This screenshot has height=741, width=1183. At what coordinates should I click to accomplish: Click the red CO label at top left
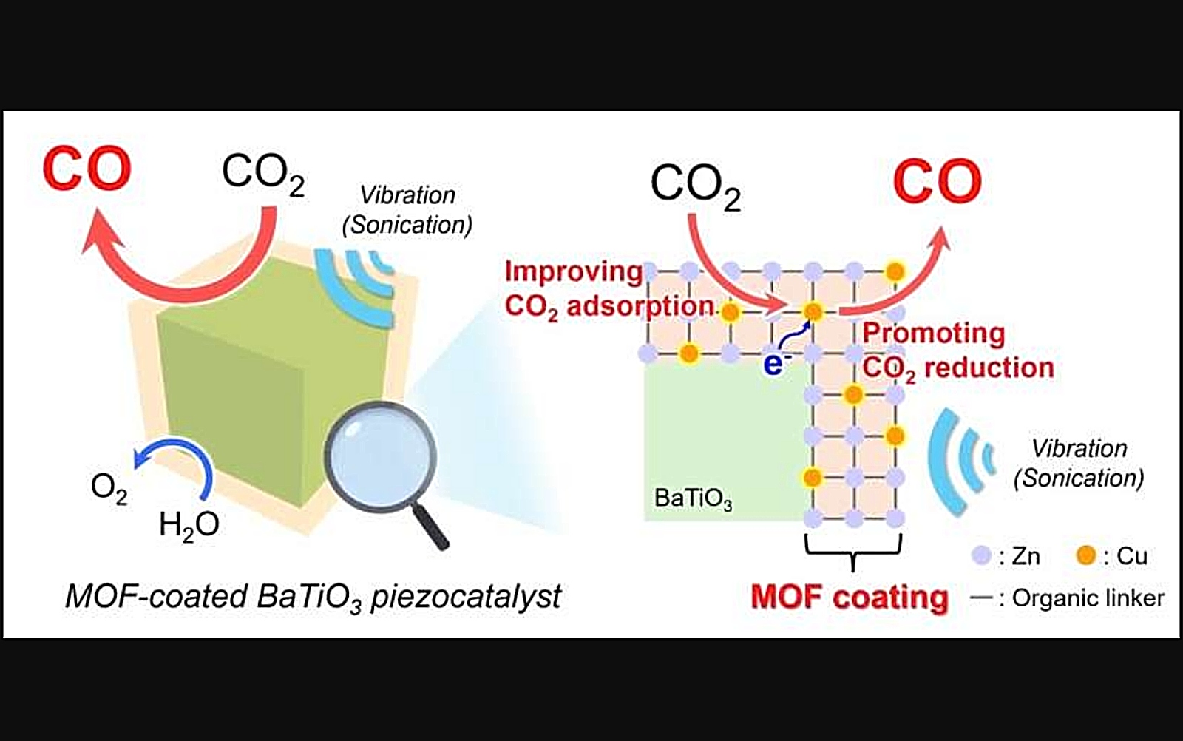(87, 169)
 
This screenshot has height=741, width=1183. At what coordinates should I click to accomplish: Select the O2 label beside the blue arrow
(109, 489)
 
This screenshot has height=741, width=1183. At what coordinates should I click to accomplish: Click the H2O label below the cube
(189, 526)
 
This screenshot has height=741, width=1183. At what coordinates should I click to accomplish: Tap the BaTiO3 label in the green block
(693, 498)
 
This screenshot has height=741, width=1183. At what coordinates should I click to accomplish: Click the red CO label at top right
(938, 181)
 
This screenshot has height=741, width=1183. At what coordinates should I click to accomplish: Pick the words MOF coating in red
(850, 598)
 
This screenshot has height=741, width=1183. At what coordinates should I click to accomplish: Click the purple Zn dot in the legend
(981, 555)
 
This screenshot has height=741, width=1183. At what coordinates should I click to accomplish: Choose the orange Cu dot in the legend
(1086, 555)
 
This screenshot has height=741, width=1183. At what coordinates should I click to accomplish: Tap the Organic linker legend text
(1088, 598)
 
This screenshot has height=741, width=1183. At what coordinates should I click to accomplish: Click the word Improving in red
(574, 273)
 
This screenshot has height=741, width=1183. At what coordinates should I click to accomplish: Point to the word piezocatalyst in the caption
(466, 598)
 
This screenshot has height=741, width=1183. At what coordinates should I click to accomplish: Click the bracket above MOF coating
(853, 552)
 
